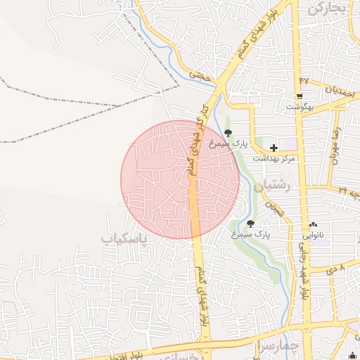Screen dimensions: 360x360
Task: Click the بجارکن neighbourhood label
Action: [328, 8]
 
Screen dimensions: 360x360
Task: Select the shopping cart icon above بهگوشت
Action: [300, 96]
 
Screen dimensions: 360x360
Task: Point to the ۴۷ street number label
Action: [304, 81]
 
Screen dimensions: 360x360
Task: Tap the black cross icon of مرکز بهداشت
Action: [274, 148]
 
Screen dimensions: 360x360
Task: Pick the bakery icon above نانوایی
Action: [312, 225]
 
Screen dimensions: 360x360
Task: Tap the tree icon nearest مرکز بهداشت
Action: [227, 132]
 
